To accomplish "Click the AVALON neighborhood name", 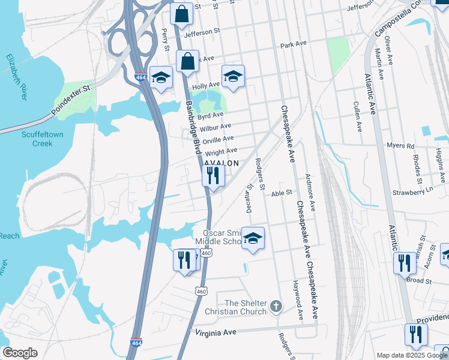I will coord(222,163).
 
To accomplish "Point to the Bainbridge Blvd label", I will coord(193,127).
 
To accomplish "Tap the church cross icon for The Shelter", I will coord(276,307).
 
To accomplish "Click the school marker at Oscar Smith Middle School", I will coord(253,239).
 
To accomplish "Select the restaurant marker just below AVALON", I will coord(212,176).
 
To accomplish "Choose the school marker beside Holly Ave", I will coord(233,76).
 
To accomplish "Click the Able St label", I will coord(281,193).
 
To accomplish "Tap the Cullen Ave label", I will coord(357,116).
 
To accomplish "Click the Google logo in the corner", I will coord(20,352).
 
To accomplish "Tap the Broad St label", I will coord(418,280).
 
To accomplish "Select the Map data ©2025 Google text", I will coord(412,355).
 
